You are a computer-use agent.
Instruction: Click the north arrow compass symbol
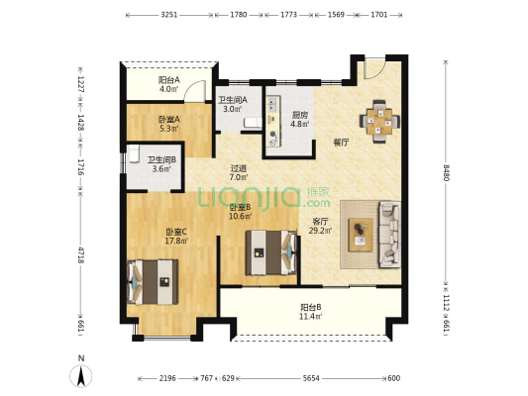pyautogui.click(x=81, y=375)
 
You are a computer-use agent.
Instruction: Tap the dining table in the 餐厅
pyautogui.click(x=379, y=121)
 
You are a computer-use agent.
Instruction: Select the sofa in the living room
pyautogui.click(x=389, y=235)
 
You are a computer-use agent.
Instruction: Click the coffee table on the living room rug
pyautogui.click(x=361, y=235)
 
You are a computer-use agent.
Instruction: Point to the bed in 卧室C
pyautogui.click(x=153, y=282)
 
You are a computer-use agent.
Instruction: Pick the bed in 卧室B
pyautogui.click(x=271, y=252)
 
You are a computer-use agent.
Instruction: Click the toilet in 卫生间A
pyautogui.click(x=253, y=122)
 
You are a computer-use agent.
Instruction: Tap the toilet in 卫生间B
pyautogui.click(x=135, y=153)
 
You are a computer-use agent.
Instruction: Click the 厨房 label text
pyautogui.click(x=300, y=115)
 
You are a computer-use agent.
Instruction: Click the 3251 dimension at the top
pyautogui.click(x=169, y=15)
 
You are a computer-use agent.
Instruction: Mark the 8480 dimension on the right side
pyautogui.click(x=446, y=172)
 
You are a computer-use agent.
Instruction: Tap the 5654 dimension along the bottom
pyautogui.click(x=311, y=378)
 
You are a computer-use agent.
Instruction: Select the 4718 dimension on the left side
pyautogui.click(x=81, y=255)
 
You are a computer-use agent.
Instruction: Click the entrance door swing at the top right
pyautogui.click(x=373, y=69)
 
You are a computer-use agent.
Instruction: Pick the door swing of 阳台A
pyautogui.click(x=195, y=91)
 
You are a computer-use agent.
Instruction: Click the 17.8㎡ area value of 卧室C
pyautogui.click(x=176, y=241)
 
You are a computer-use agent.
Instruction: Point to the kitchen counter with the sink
pyautogui.click(x=273, y=121)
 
